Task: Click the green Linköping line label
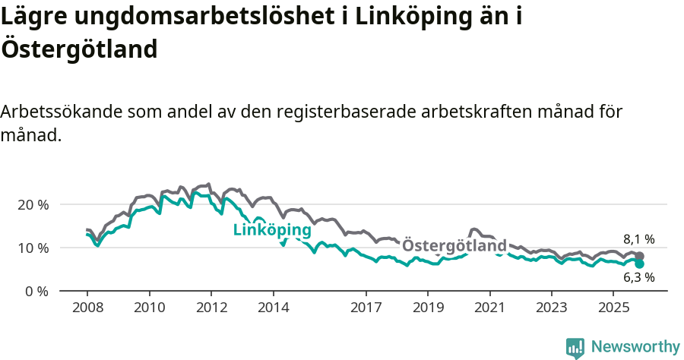pos(272,230)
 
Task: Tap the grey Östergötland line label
pos(454,246)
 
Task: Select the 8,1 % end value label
pos(638,239)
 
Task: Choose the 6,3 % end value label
pos(638,278)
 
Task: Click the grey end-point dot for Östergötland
pos(639,257)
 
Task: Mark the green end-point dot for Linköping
pos(639,264)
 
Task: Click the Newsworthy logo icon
pos(575,347)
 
